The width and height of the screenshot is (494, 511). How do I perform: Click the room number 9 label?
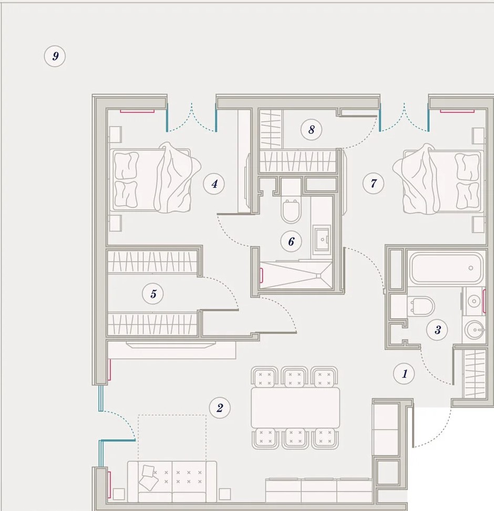55,56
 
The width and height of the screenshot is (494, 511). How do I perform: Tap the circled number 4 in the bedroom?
214,184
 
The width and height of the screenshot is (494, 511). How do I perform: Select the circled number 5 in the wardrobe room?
153,294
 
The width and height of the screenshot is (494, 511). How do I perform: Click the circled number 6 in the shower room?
291,242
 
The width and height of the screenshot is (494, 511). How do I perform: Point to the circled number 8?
312,129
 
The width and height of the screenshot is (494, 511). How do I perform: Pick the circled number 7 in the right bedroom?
373,183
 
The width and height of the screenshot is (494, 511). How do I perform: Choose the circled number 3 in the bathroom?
437,330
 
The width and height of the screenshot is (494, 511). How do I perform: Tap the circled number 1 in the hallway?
404,373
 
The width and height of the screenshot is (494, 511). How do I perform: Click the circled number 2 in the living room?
220,408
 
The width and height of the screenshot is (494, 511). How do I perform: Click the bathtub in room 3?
446,268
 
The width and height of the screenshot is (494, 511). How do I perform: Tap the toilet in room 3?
421,306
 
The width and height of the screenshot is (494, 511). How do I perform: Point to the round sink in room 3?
475,330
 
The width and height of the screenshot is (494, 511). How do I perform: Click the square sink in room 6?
322,239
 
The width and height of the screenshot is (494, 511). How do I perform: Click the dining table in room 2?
295,408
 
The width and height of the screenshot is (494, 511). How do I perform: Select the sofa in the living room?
172,482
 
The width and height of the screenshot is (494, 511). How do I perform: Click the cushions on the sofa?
148,477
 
